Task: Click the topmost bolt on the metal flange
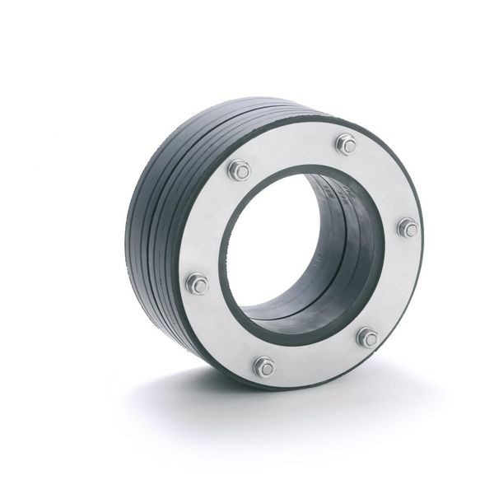pyautogui.click(x=347, y=146)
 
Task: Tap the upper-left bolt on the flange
pyautogui.click(x=240, y=171)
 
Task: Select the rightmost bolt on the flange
pyautogui.click(x=408, y=228)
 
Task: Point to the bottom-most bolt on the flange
pyautogui.click(x=263, y=366)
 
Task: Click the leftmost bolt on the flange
pyautogui.click(x=198, y=284)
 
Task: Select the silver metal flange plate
pyautogui.click(x=387, y=280)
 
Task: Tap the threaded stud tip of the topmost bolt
pyautogui.click(x=347, y=145)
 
